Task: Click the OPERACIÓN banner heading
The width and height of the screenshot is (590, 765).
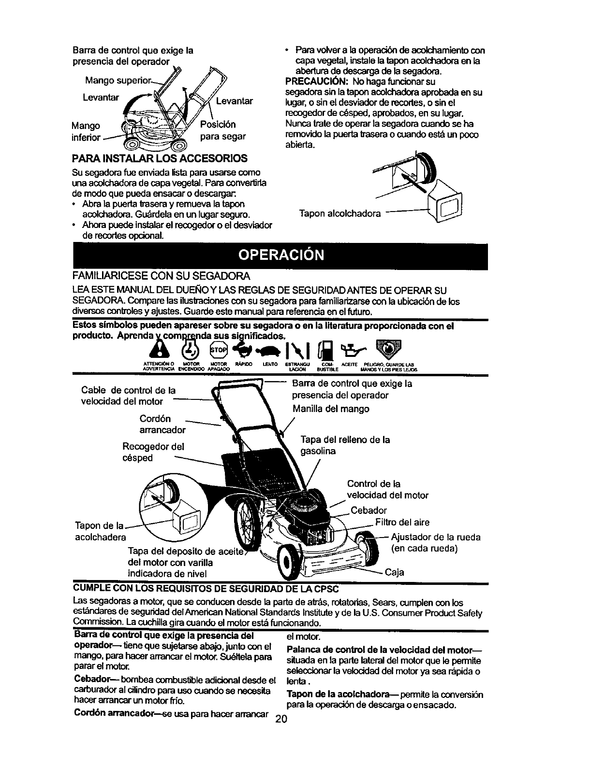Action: pyautogui.click(x=280, y=255)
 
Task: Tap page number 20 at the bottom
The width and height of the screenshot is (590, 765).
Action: pyautogui.click(x=280, y=745)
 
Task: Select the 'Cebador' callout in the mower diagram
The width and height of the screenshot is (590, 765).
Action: pyautogui.click(x=369, y=510)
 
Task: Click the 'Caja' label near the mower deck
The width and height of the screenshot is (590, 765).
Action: pyautogui.click(x=394, y=573)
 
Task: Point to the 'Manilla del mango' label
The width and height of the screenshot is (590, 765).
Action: pyautogui.click(x=331, y=409)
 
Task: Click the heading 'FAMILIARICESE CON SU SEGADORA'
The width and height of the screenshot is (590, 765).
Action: pyautogui.click(x=161, y=276)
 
